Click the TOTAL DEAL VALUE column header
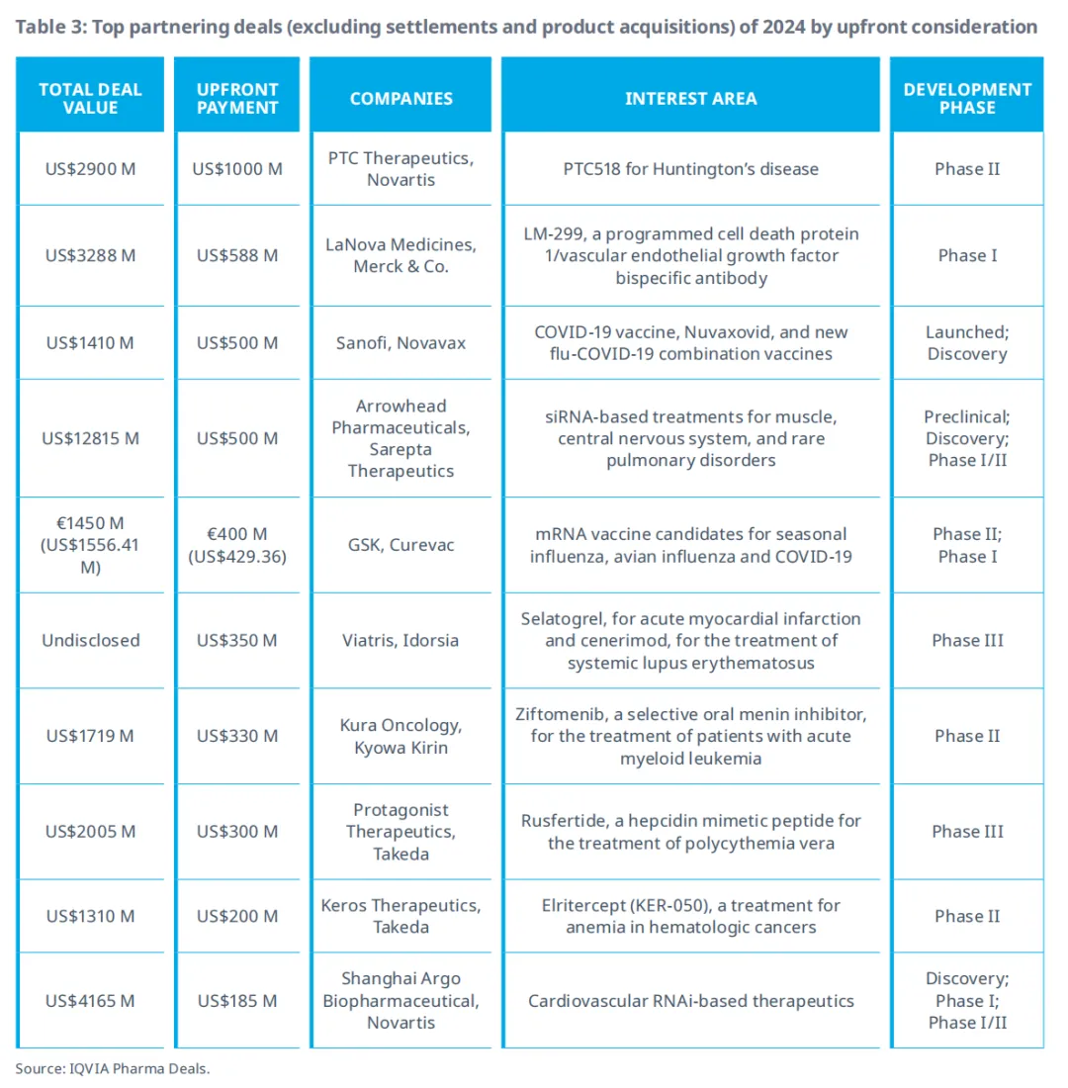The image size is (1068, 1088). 90,98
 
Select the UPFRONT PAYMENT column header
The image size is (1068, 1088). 237,98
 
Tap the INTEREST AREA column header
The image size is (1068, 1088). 690,98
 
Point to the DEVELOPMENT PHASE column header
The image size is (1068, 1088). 967,98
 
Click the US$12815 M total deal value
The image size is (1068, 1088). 90,438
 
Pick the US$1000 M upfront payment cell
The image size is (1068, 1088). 237,169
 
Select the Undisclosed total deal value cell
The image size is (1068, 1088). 90,640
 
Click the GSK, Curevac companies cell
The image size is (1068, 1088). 401,545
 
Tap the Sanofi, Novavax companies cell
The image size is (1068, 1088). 401,343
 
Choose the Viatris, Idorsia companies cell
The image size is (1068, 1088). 401,640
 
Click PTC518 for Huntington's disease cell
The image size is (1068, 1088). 690,169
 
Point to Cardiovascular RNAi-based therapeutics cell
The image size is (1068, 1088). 690,1001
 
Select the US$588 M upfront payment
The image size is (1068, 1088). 237,255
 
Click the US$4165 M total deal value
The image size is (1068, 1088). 90,1001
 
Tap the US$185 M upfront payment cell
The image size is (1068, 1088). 237,1001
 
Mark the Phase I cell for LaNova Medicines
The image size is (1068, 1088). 967,255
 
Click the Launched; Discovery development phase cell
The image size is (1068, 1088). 967,343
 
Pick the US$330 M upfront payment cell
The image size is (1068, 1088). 237,736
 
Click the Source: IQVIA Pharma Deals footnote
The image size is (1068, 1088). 113,1068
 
